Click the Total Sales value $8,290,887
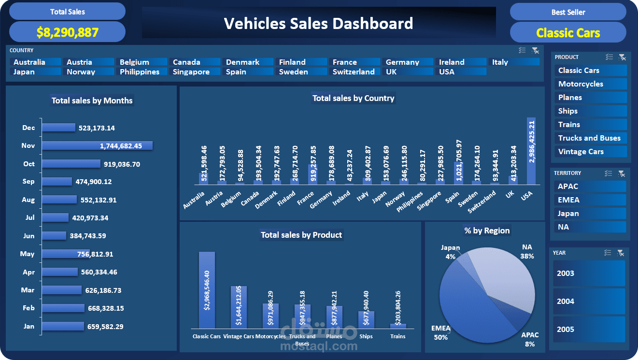pyautogui.click(x=67, y=32)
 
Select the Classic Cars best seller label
pyautogui.click(x=568, y=33)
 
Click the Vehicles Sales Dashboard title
pyautogui.click(x=318, y=23)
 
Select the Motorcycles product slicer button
pyautogui.click(x=590, y=84)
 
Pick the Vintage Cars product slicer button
pyautogui.click(x=590, y=152)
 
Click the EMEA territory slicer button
pyautogui.click(x=589, y=200)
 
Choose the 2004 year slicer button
pyautogui.click(x=589, y=302)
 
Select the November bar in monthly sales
pyautogui.click(x=97, y=145)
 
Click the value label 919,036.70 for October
pyautogui.click(x=122, y=164)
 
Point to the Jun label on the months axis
pyautogui.click(x=29, y=236)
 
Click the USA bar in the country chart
pyautogui.click(x=531, y=151)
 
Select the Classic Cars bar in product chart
pyautogui.click(x=207, y=290)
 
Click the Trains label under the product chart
pyautogui.click(x=398, y=336)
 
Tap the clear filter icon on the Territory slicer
pyautogui.click(x=621, y=173)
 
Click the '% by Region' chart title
pyautogui.click(x=487, y=230)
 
